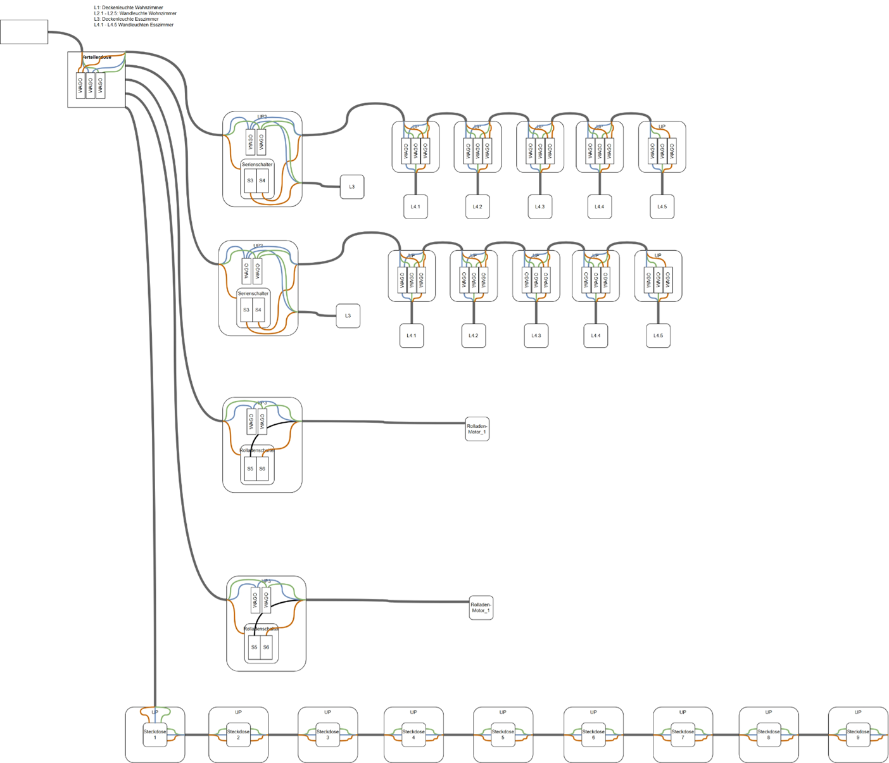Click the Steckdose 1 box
click(x=154, y=735)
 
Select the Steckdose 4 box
click(x=413, y=735)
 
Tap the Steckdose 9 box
click(x=858, y=735)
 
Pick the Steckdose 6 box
click(x=593, y=735)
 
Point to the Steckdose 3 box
click(x=327, y=735)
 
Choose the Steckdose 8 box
click(x=769, y=735)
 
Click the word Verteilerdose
click(x=96, y=58)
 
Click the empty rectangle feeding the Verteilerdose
click(x=24, y=32)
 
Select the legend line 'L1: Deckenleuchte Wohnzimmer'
click(x=129, y=8)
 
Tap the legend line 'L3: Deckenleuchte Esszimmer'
click(x=126, y=19)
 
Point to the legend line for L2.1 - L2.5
click(x=135, y=13)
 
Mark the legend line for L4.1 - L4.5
click(x=133, y=25)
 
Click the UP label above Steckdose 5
click(x=503, y=712)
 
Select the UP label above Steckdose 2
click(x=238, y=712)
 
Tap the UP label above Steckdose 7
click(x=683, y=712)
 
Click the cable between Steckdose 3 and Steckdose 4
click(x=370, y=735)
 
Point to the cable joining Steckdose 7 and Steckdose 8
click(x=726, y=735)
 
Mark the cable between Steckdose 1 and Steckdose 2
click(x=196, y=735)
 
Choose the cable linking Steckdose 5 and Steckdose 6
click(x=548, y=735)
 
